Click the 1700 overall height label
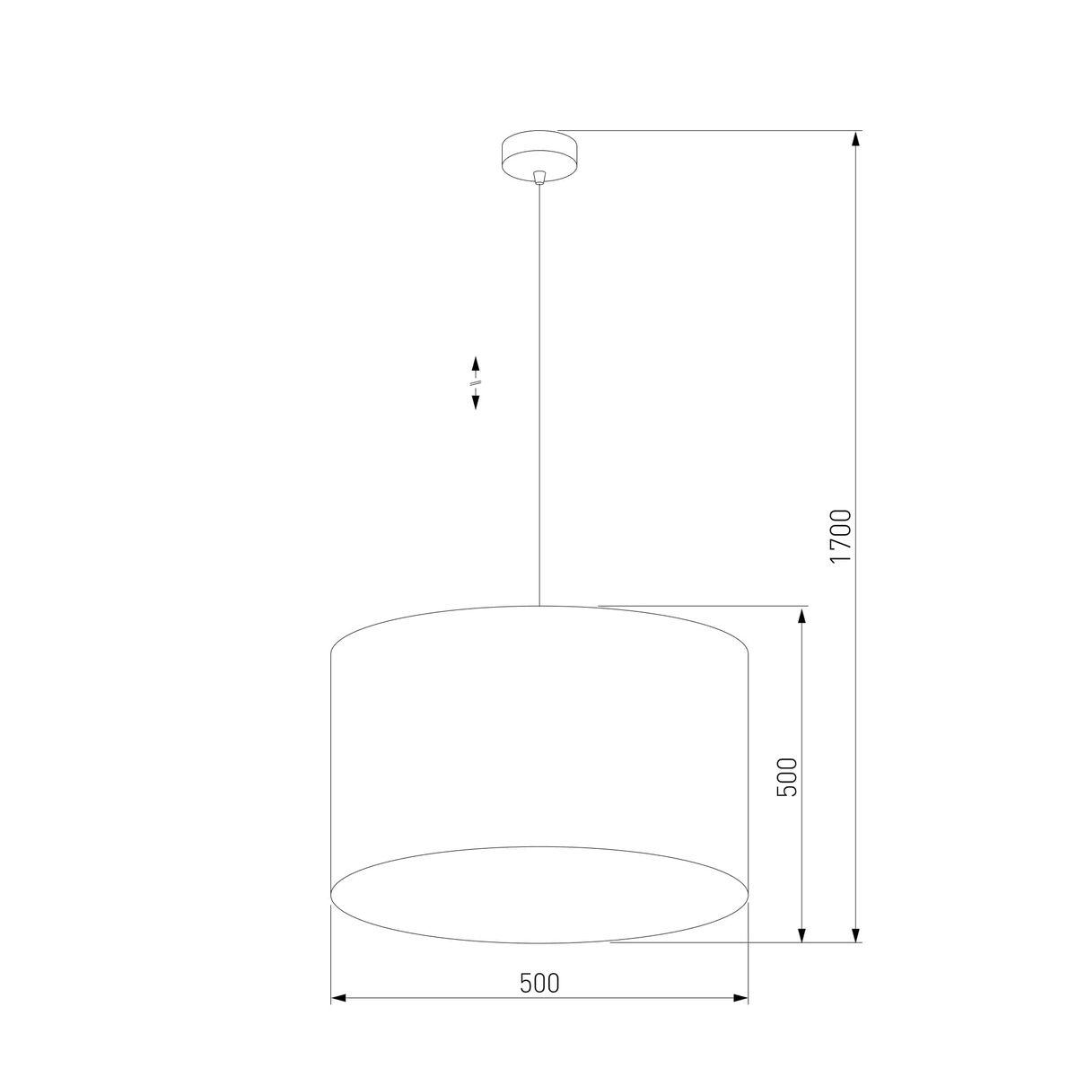click(x=840, y=536)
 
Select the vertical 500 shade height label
click(x=787, y=776)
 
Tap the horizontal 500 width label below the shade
click(x=539, y=983)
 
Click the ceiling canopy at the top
click(x=538, y=153)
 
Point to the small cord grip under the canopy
click(x=538, y=177)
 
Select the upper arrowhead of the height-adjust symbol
click(x=476, y=363)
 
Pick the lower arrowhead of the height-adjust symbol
click(x=476, y=402)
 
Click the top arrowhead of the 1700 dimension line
click(x=857, y=140)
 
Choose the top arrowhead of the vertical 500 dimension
click(x=801, y=615)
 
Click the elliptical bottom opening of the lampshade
click(x=539, y=895)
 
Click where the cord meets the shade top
click(x=538, y=606)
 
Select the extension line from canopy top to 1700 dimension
click(x=709, y=131)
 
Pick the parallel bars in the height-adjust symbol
click(x=476, y=383)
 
